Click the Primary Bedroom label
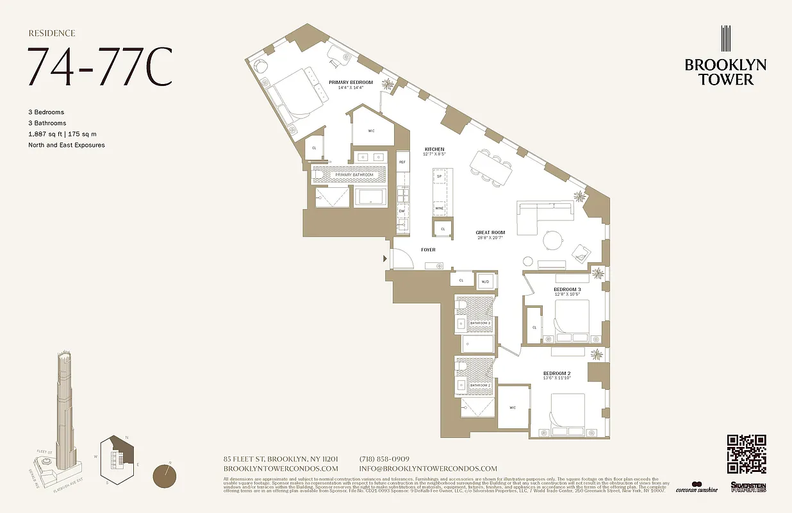coord(351,82)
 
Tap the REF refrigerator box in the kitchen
coord(402,162)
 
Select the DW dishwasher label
coord(402,210)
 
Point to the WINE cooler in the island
coord(440,208)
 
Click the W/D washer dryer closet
coord(485,280)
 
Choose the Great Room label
coord(490,232)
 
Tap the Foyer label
coord(428,249)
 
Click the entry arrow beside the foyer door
coord(385,258)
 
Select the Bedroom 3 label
coord(566,289)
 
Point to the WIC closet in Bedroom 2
coord(512,407)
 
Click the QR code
coord(747,453)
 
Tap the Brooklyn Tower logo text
coord(725,72)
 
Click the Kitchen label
coord(434,149)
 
